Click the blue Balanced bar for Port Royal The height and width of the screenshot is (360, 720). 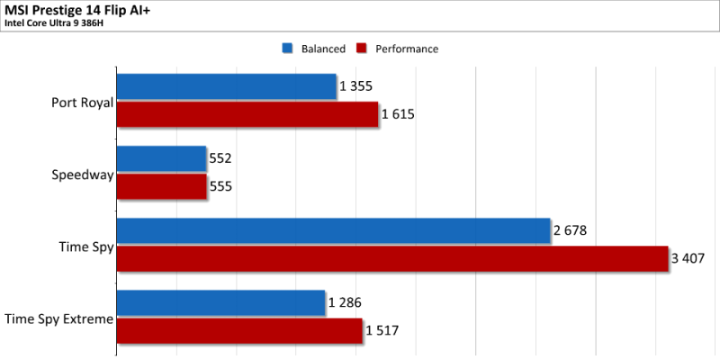click(227, 86)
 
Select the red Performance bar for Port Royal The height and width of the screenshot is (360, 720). click(247, 114)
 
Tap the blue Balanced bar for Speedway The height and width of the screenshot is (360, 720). click(162, 159)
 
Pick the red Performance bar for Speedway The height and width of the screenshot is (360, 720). click(162, 186)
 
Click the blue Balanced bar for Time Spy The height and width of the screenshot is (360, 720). click(333, 230)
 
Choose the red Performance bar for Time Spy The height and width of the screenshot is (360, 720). click(392, 258)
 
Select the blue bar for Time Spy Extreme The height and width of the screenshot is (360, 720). click(220, 303)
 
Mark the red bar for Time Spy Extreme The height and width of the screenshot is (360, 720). click(239, 330)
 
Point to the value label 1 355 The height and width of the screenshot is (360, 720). click(355, 86)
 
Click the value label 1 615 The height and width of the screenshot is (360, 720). click(398, 114)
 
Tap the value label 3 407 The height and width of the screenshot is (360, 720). click(688, 258)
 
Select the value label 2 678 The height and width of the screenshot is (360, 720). click(570, 230)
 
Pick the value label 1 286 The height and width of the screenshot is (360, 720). click(345, 303)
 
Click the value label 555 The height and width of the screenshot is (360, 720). click(220, 186)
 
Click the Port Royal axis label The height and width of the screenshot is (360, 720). click(82, 103)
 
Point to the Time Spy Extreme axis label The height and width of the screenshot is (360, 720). click(58, 319)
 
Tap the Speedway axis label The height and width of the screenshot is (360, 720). click(83, 175)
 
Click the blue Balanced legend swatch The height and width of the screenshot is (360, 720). click(287, 49)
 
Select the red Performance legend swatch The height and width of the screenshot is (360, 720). click(362, 49)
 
